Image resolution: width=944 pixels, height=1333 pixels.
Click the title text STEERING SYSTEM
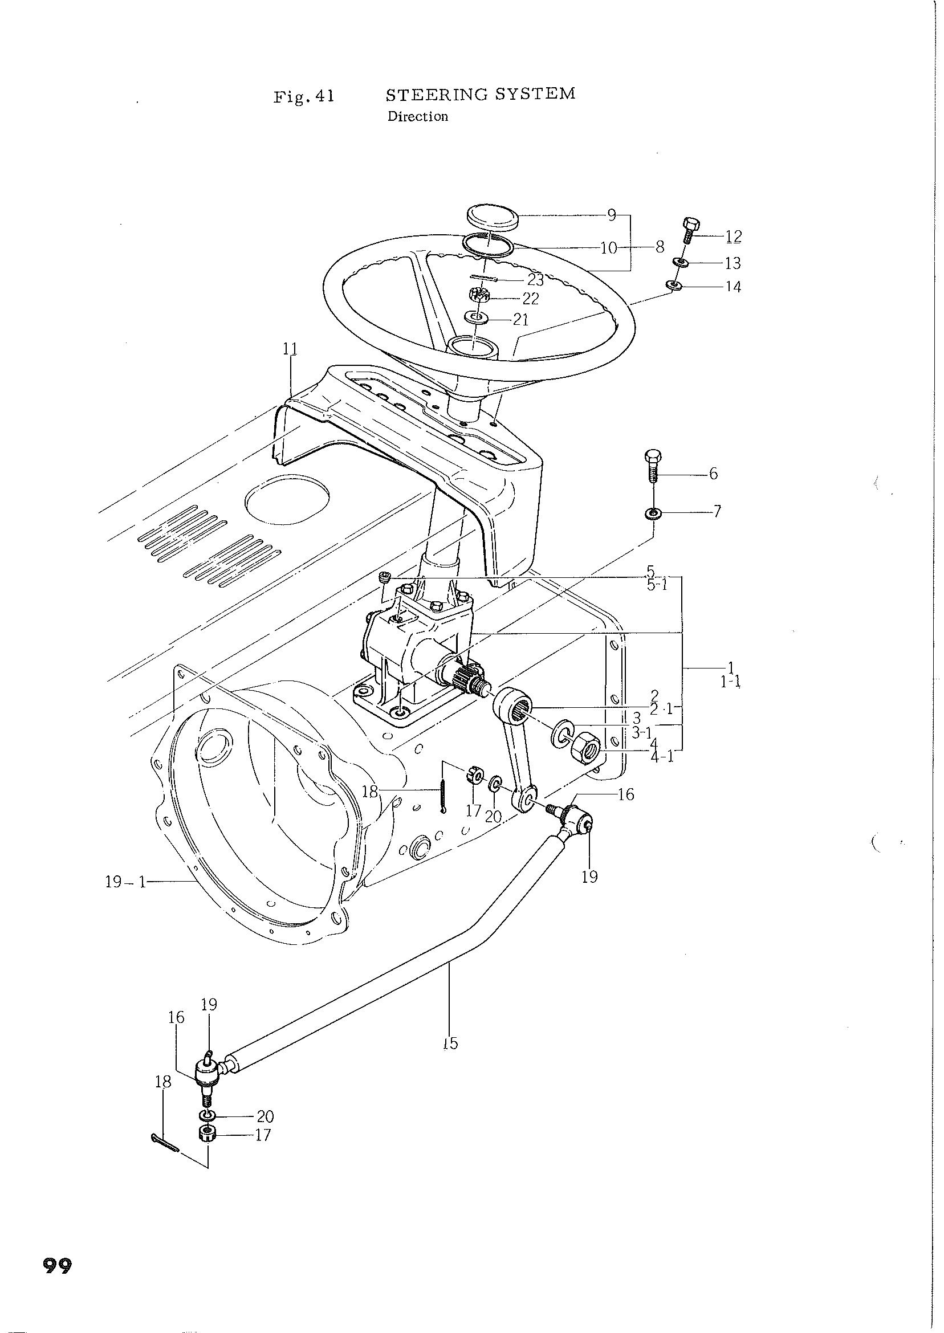pyautogui.click(x=481, y=94)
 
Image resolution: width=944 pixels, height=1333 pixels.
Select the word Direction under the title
pyautogui.click(x=418, y=116)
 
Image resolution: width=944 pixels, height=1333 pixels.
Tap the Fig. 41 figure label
pyautogui.click(x=304, y=95)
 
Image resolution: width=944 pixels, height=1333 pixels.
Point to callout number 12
pyautogui.click(x=734, y=237)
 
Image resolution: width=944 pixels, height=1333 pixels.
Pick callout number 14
pyautogui.click(x=734, y=287)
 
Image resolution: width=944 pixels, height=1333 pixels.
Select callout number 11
pyautogui.click(x=290, y=349)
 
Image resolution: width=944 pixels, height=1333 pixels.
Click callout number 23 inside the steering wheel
pyautogui.click(x=535, y=280)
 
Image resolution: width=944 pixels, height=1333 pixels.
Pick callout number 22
pyautogui.click(x=531, y=299)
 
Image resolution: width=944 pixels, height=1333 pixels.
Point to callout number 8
pyautogui.click(x=659, y=247)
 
